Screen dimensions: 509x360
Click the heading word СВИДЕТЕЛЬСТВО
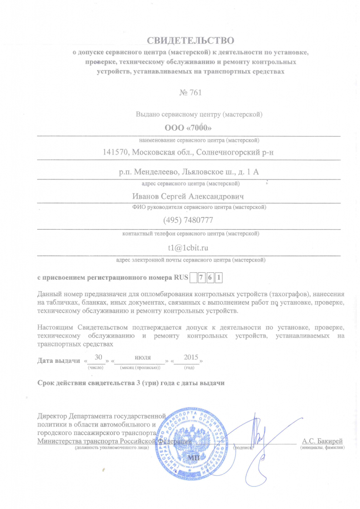click(189, 39)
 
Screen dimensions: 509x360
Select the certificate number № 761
click(189, 92)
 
